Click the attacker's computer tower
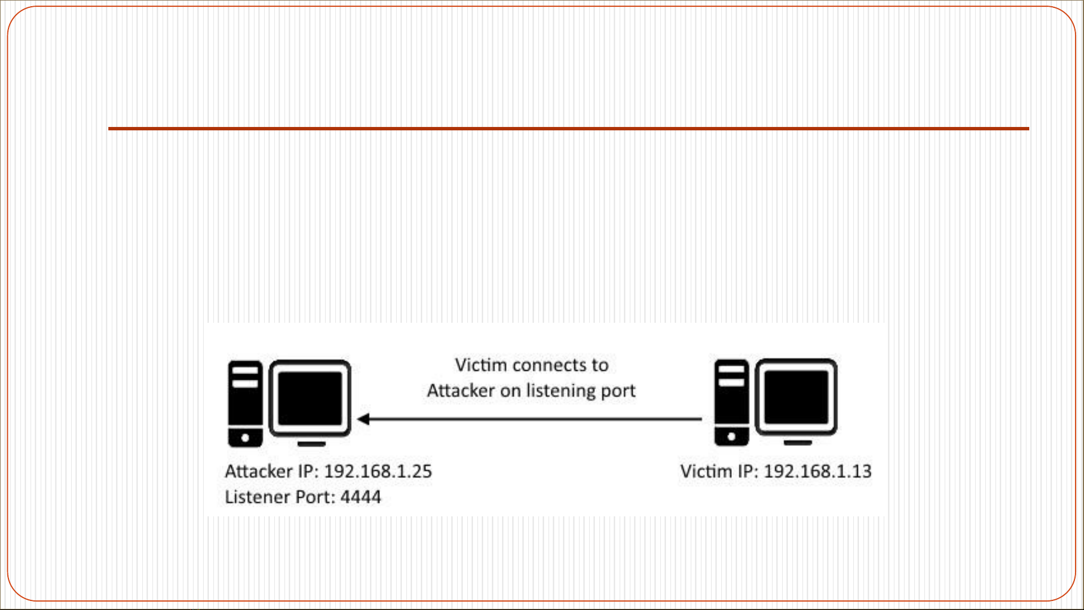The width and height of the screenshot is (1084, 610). (245, 404)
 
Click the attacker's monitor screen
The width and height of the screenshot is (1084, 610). (310, 398)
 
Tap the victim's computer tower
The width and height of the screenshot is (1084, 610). (732, 403)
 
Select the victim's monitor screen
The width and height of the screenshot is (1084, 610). (796, 397)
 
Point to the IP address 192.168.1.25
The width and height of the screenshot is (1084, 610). (378, 471)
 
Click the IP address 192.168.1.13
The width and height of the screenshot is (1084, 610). (818, 471)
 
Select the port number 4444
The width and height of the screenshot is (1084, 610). (361, 497)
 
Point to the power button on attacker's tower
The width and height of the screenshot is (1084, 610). (245, 438)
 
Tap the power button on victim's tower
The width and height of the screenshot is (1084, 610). (732, 437)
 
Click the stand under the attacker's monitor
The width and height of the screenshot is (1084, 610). (312, 444)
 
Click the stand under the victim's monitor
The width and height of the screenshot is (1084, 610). (798, 443)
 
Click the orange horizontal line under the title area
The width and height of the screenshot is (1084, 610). (569, 129)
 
